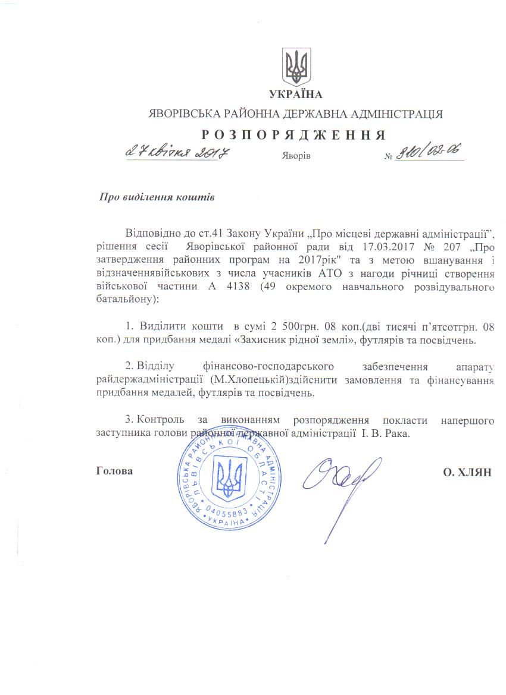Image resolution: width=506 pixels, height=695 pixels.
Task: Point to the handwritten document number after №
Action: (x=427, y=153)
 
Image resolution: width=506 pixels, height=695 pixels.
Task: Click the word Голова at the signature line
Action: (x=114, y=471)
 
